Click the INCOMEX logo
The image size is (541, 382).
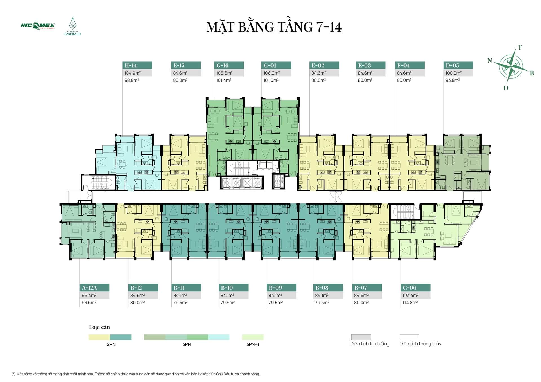pyautogui.click(x=38, y=26)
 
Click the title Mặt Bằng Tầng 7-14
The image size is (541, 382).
pyautogui.click(x=274, y=27)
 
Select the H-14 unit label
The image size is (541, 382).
pyautogui.click(x=130, y=65)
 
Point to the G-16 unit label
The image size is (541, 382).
pyautogui.click(x=222, y=65)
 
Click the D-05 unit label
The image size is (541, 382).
pyautogui.click(x=452, y=65)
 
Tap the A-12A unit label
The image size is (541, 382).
pyautogui.click(x=89, y=288)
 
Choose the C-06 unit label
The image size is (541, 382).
pyautogui.click(x=409, y=288)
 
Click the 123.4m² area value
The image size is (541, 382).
pyautogui.click(x=411, y=295)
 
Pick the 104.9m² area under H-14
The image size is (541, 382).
pyautogui.click(x=132, y=73)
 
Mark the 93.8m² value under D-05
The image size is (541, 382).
pyautogui.click(x=453, y=80)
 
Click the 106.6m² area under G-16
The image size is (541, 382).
pyautogui.click(x=224, y=73)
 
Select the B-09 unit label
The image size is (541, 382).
pyautogui.click(x=275, y=288)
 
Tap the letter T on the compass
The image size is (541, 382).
pyautogui.click(x=520, y=47)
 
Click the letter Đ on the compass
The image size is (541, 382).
pyautogui.click(x=506, y=88)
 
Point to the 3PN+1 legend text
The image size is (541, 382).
pyautogui.click(x=253, y=344)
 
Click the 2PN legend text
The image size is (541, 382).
pyautogui.click(x=111, y=344)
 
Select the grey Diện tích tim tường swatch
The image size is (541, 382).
pyautogui.click(x=361, y=337)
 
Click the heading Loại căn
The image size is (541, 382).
pyautogui.click(x=99, y=327)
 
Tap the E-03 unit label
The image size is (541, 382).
pyautogui.click(x=364, y=65)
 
